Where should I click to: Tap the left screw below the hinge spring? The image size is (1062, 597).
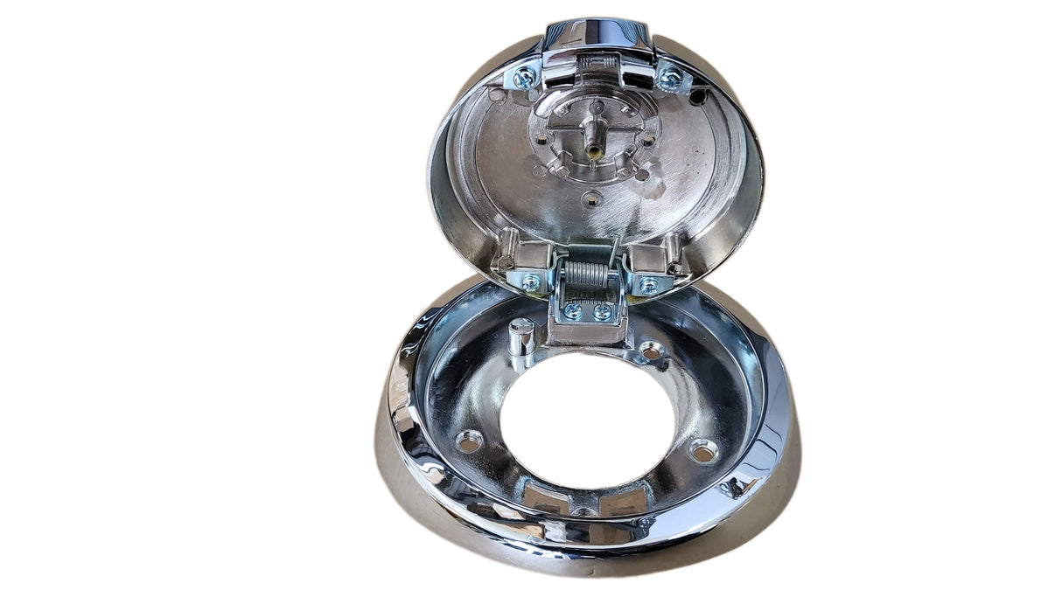point(573,310)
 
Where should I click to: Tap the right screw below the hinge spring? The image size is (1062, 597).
point(602,311)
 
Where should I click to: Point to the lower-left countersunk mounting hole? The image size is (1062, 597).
point(470,441)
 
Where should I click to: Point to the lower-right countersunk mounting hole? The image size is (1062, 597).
point(702,450)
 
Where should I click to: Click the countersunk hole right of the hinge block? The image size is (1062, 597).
point(652,350)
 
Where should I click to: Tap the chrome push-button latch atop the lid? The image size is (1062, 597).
point(597,35)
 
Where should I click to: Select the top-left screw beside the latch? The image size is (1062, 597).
point(525,77)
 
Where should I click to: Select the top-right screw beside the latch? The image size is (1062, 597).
point(671,79)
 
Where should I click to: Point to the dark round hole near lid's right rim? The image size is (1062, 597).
point(697,97)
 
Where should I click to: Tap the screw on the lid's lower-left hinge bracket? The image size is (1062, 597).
point(530,281)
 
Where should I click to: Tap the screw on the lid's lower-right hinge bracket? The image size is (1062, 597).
point(648,284)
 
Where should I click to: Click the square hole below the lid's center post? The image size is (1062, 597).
point(592,197)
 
